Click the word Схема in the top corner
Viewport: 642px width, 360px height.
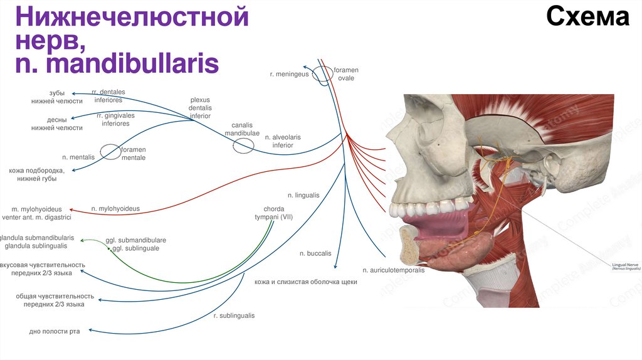587,18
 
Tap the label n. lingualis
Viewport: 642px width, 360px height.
303,195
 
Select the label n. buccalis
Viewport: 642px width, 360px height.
315,254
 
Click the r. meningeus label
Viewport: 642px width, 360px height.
290,74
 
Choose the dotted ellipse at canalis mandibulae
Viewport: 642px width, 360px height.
243,146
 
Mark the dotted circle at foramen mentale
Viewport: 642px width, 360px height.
110,152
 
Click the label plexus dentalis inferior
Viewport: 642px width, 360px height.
200,107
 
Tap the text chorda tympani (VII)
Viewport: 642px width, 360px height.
274,213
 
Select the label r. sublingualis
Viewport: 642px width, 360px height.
234,315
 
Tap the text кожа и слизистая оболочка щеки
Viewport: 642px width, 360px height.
306,282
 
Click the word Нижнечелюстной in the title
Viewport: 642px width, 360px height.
132,17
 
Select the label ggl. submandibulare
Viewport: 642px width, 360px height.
135,240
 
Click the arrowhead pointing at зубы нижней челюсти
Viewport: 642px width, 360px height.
73,94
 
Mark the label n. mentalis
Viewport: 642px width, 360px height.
78,157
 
